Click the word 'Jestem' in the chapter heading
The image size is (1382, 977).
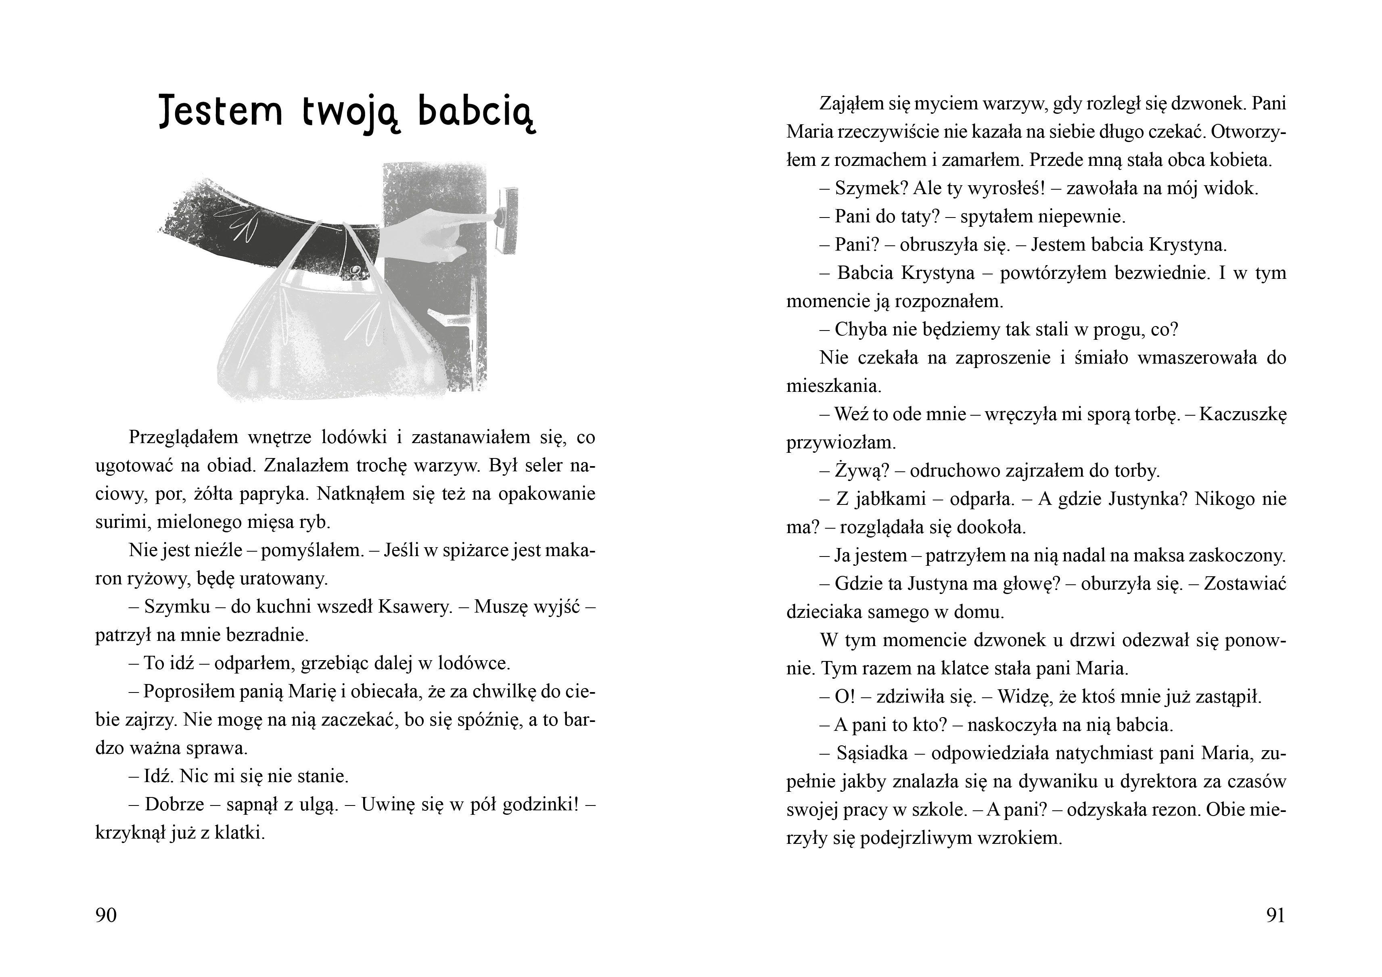point(220,111)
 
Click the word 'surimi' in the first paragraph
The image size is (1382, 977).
point(123,522)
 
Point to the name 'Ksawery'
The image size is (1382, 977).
point(415,607)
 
